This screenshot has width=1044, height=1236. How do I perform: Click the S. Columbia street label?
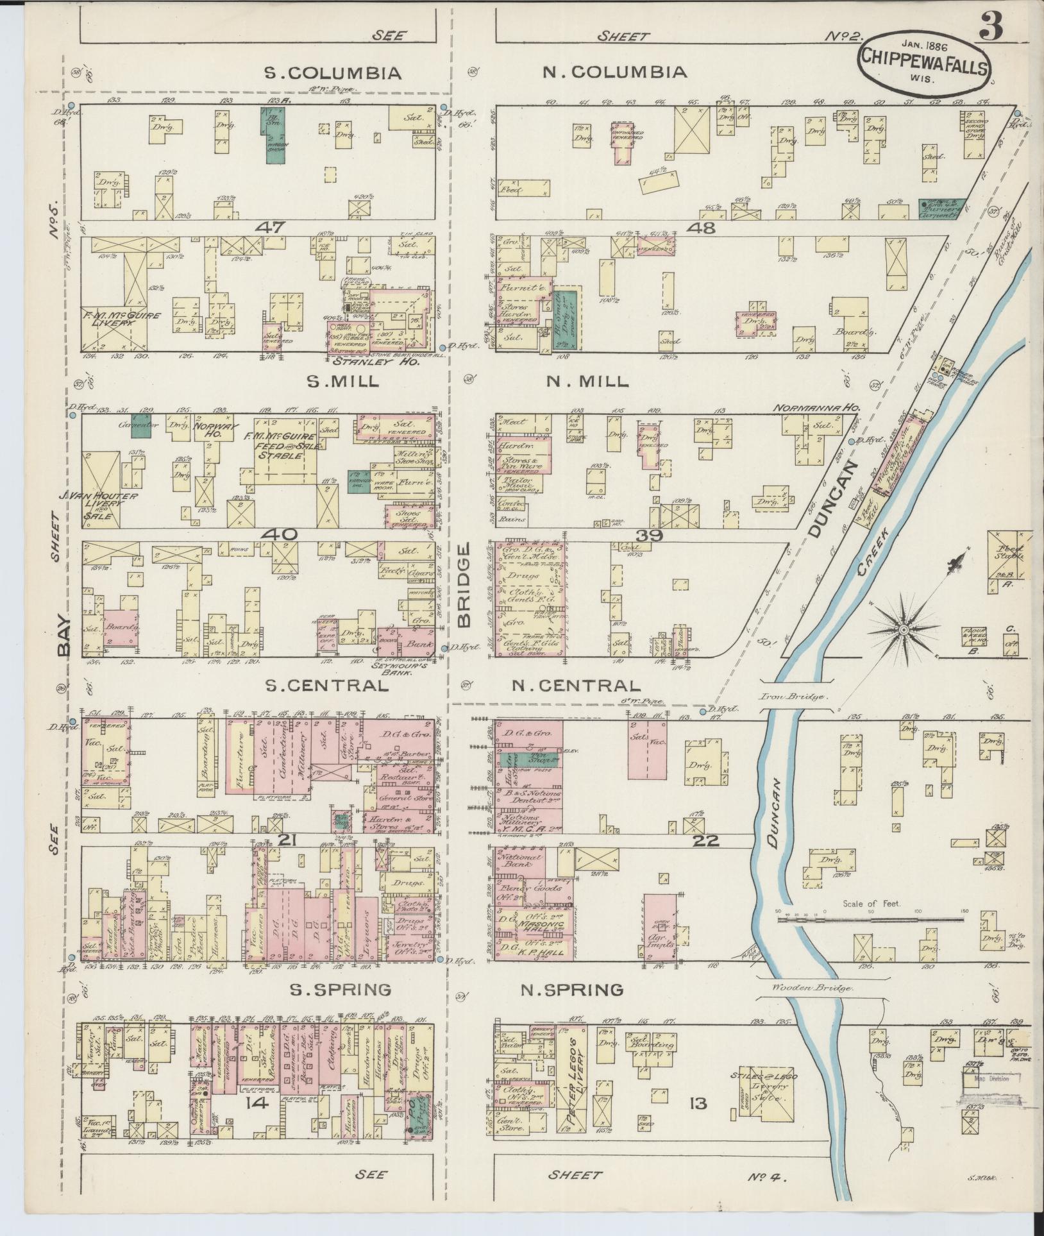(x=333, y=73)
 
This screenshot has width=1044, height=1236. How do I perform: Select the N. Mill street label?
(x=586, y=381)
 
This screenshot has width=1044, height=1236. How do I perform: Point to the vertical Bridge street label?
(x=464, y=585)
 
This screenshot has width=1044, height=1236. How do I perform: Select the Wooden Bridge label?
(x=813, y=988)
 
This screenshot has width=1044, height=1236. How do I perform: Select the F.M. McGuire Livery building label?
(x=114, y=319)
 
